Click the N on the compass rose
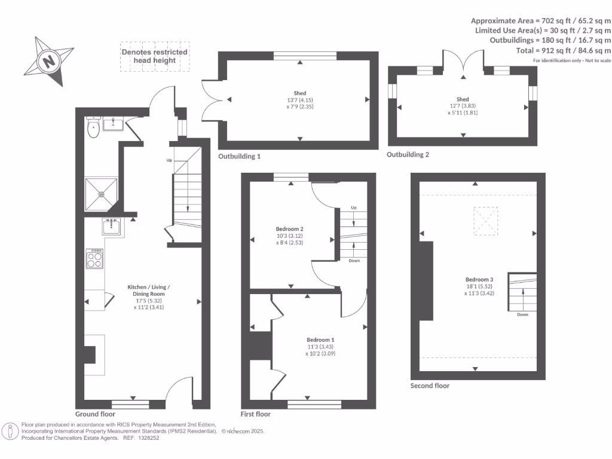tap(49, 62)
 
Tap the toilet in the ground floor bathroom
tap(93, 127)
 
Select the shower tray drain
tap(101, 194)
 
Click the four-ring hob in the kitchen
tap(94, 259)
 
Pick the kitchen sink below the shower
tap(112, 227)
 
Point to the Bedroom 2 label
tap(290, 229)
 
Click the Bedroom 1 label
tap(320, 340)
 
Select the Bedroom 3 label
tap(479, 280)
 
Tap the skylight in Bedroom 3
tap(486, 221)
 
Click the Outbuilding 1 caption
tap(239, 157)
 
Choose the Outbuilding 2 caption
tap(408, 155)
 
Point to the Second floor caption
tap(430, 385)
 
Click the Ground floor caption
tap(95, 414)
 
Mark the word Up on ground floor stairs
tap(169, 160)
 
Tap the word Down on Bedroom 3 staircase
tap(522, 314)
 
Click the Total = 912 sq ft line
tap(564, 50)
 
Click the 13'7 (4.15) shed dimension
tap(300, 100)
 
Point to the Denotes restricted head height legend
tap(155, 56)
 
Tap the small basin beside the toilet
tap(113, 124)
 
